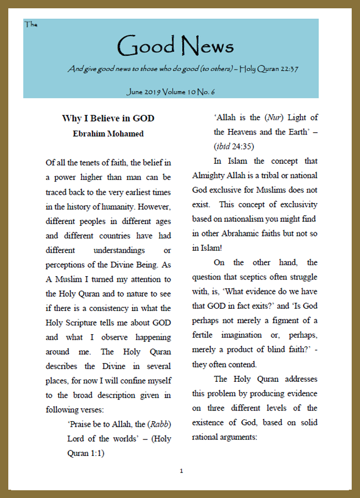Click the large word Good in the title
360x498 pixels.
145,46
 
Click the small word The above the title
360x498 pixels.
30,24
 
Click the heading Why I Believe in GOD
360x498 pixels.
108,118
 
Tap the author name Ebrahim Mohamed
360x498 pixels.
108,133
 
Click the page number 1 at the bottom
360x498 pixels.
181,471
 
